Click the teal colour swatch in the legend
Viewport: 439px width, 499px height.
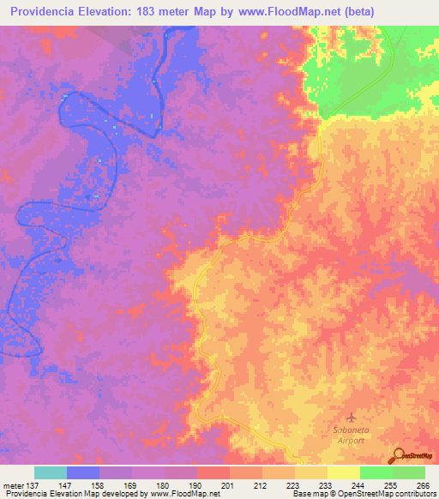click(x=51, y=472)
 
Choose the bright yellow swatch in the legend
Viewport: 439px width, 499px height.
click(x=344, y=472)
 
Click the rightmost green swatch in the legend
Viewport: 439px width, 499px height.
click(x=409, y=472)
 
